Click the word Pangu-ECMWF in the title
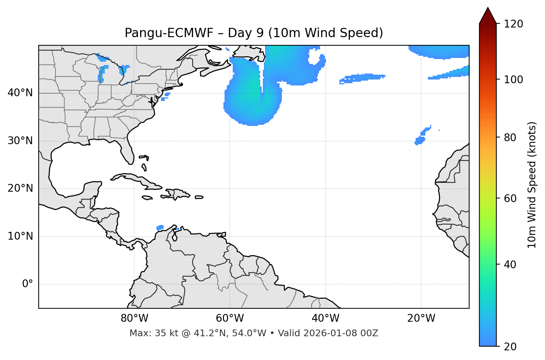(169, 33)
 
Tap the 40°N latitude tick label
(20, 93)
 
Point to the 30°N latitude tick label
(20, 141)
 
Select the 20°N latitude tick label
(20, 188)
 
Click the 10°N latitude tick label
(20, 236)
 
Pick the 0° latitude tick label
(28, 284)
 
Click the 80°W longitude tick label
(134, 318)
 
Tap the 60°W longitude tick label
(230, 318)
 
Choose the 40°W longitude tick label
(325, 318)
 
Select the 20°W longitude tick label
(421, 318)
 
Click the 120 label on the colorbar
(513, 24)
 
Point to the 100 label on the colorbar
(513, 80)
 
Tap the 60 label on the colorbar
(510, 198)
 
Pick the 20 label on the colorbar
(510, 347)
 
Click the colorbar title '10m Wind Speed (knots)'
(532, 185)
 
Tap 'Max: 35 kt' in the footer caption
(148, 333)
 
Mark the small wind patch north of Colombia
(160, 227)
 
